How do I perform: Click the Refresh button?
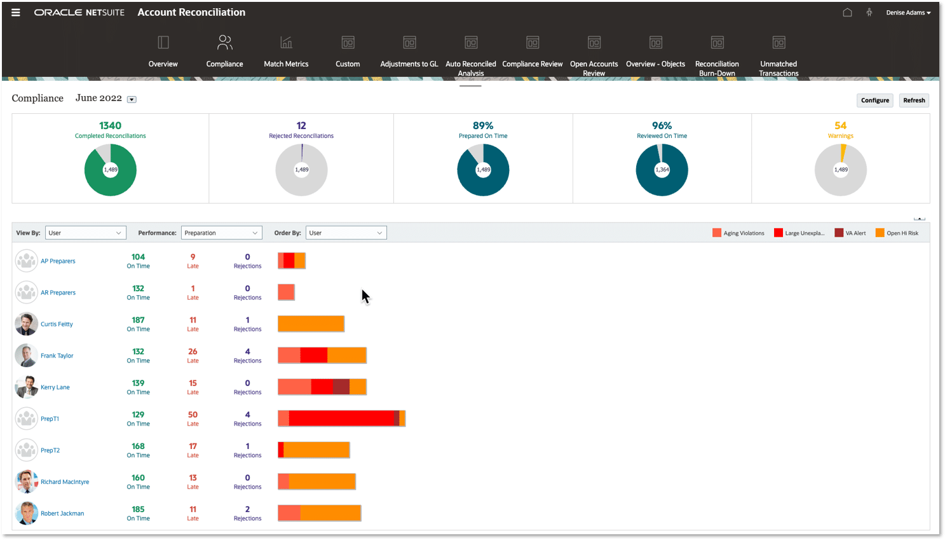[x=914, y=100]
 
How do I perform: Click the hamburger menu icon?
[x=16, y=12]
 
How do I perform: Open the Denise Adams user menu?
[x=908, y=13]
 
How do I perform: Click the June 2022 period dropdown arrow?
[x=132, y=100]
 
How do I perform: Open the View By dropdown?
[x=86, y=233]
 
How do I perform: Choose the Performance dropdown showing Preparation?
[x=222, y=233]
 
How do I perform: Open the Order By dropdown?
[x=346, y=233]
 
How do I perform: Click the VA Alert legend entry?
[x=850, y=233]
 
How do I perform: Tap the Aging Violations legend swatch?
[x=717, y=233]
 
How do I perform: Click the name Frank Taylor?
[x=57, y=356]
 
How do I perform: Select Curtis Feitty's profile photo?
[x=26, y=324]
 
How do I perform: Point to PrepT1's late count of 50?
[x=193, y=415]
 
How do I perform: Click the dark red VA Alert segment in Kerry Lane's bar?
[x=341, y=387]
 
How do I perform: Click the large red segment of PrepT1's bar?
[x=342, y=419]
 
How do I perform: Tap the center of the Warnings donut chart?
[x=840, y=170]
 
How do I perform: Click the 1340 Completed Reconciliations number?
[x=110, y=125]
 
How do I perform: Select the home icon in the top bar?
[x=847, y=13]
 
